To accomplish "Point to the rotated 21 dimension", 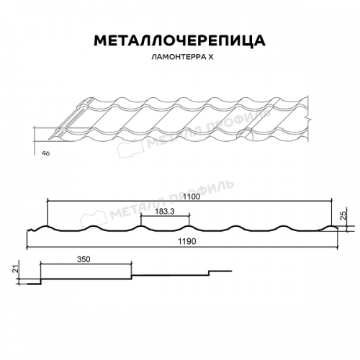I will click(x=15, y=269).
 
